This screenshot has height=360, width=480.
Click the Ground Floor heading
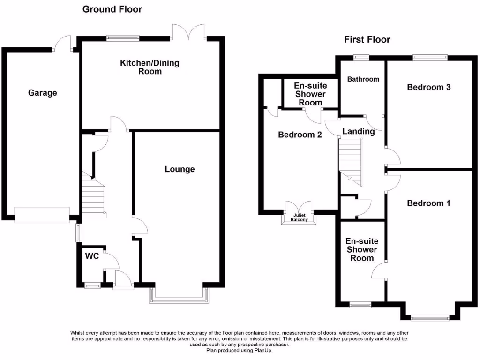coord(112,9)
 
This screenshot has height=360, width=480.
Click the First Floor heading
coord(367,39)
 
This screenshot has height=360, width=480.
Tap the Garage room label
coord(42,93)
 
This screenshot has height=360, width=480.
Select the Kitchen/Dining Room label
coord(150,67)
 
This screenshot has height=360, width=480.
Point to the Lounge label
coord(180,169)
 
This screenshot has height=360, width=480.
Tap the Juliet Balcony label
coord(299,217)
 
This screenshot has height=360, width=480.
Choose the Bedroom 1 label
coord(428,203)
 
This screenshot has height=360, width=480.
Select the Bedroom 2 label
coord(300,135)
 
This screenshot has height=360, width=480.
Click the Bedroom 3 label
coord(428,87)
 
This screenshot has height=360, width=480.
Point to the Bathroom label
coord(363,79)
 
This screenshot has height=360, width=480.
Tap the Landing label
coord(358,131)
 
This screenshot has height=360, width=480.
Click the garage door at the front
coord(42,215)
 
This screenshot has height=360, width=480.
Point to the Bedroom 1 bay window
coord(430,318)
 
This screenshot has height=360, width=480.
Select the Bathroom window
coord(361,58)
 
